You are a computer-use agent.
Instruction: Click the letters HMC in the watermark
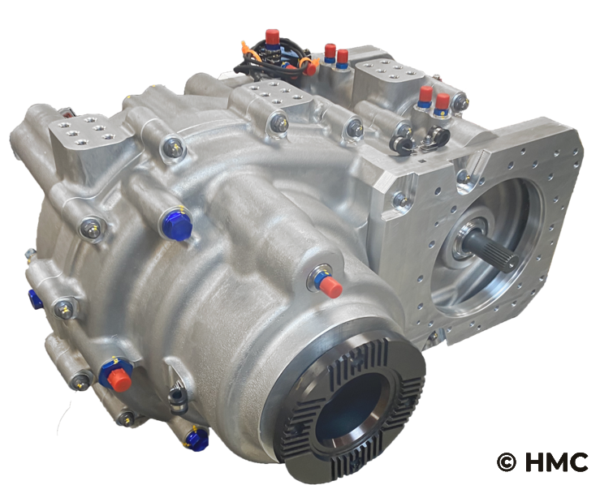click(x=557, y=462)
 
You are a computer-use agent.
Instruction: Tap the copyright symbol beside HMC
click(x=507, y=462)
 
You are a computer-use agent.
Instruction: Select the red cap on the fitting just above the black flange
click(x=330, y=286)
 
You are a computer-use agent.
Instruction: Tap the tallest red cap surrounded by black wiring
click(x=272, y=36)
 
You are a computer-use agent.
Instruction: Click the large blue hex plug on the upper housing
click(x=177, y=226)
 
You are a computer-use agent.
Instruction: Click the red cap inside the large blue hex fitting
click(x=119, y=380)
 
